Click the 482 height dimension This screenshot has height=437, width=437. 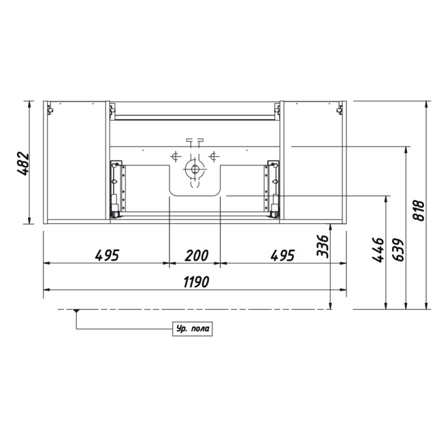click(23, 163)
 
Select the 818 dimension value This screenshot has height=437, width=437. click(419, 210)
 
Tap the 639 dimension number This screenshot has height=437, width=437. click(398, 250)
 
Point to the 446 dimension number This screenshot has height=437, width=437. click(378, 250)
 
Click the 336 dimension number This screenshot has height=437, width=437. click(323, 246)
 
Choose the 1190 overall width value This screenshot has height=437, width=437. click(196, 282)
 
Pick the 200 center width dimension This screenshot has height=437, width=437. click(197, 255)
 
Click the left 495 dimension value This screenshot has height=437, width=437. click(107, 255)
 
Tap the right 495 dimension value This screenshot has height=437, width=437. click(282, 255)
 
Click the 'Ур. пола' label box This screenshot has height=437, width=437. click(193, 329)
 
